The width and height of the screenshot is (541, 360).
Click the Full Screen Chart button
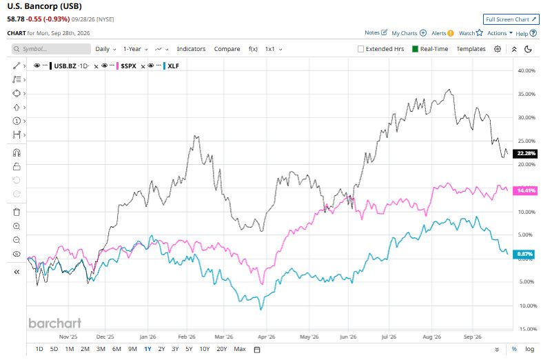pyautogui.click(x=511, y=19)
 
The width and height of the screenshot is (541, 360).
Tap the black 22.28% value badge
pyautogui.click(x=525, y=153)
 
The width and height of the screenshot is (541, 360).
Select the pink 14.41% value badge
pyautogui.click(x=525, y=190)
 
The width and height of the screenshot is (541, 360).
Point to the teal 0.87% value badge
pyautogui.click(x=524, y=254)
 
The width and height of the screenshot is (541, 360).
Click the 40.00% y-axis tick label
pyautogui.click(x=527, y=70)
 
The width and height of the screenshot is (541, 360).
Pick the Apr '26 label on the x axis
pyautogui.click(x=266, y=337)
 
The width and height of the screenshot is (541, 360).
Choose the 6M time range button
pyautogui.click(x=116, y=349)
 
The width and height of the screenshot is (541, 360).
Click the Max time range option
pyautogui.click(x=240, y=349)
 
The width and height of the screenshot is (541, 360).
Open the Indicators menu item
pyautogui.click(x=191, y=49)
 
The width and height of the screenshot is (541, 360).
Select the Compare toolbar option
pyautogui.click(x=227, y=49)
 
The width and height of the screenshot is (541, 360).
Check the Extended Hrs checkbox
pyautogui.click(x=361, y=49)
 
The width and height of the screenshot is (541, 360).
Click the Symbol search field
pyautogui.click(x=51, y=49)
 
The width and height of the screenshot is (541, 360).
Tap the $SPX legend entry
pyautogui.click(x=128, y=66)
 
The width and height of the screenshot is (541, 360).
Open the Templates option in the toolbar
pyautogui.click(x=471, y=49)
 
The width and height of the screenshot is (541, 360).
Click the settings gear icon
pyautogui.click(x=497, y=49)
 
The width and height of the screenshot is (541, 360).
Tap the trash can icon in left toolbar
pyautogui.click(x=17, y=212)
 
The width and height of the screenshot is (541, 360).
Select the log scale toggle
pyautogui.click(x=529, y=349)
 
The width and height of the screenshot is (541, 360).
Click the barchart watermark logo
pyautogui.click(x=55, y=323)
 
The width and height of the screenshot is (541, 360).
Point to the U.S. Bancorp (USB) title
pyautogui.click(x=45, y=6)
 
